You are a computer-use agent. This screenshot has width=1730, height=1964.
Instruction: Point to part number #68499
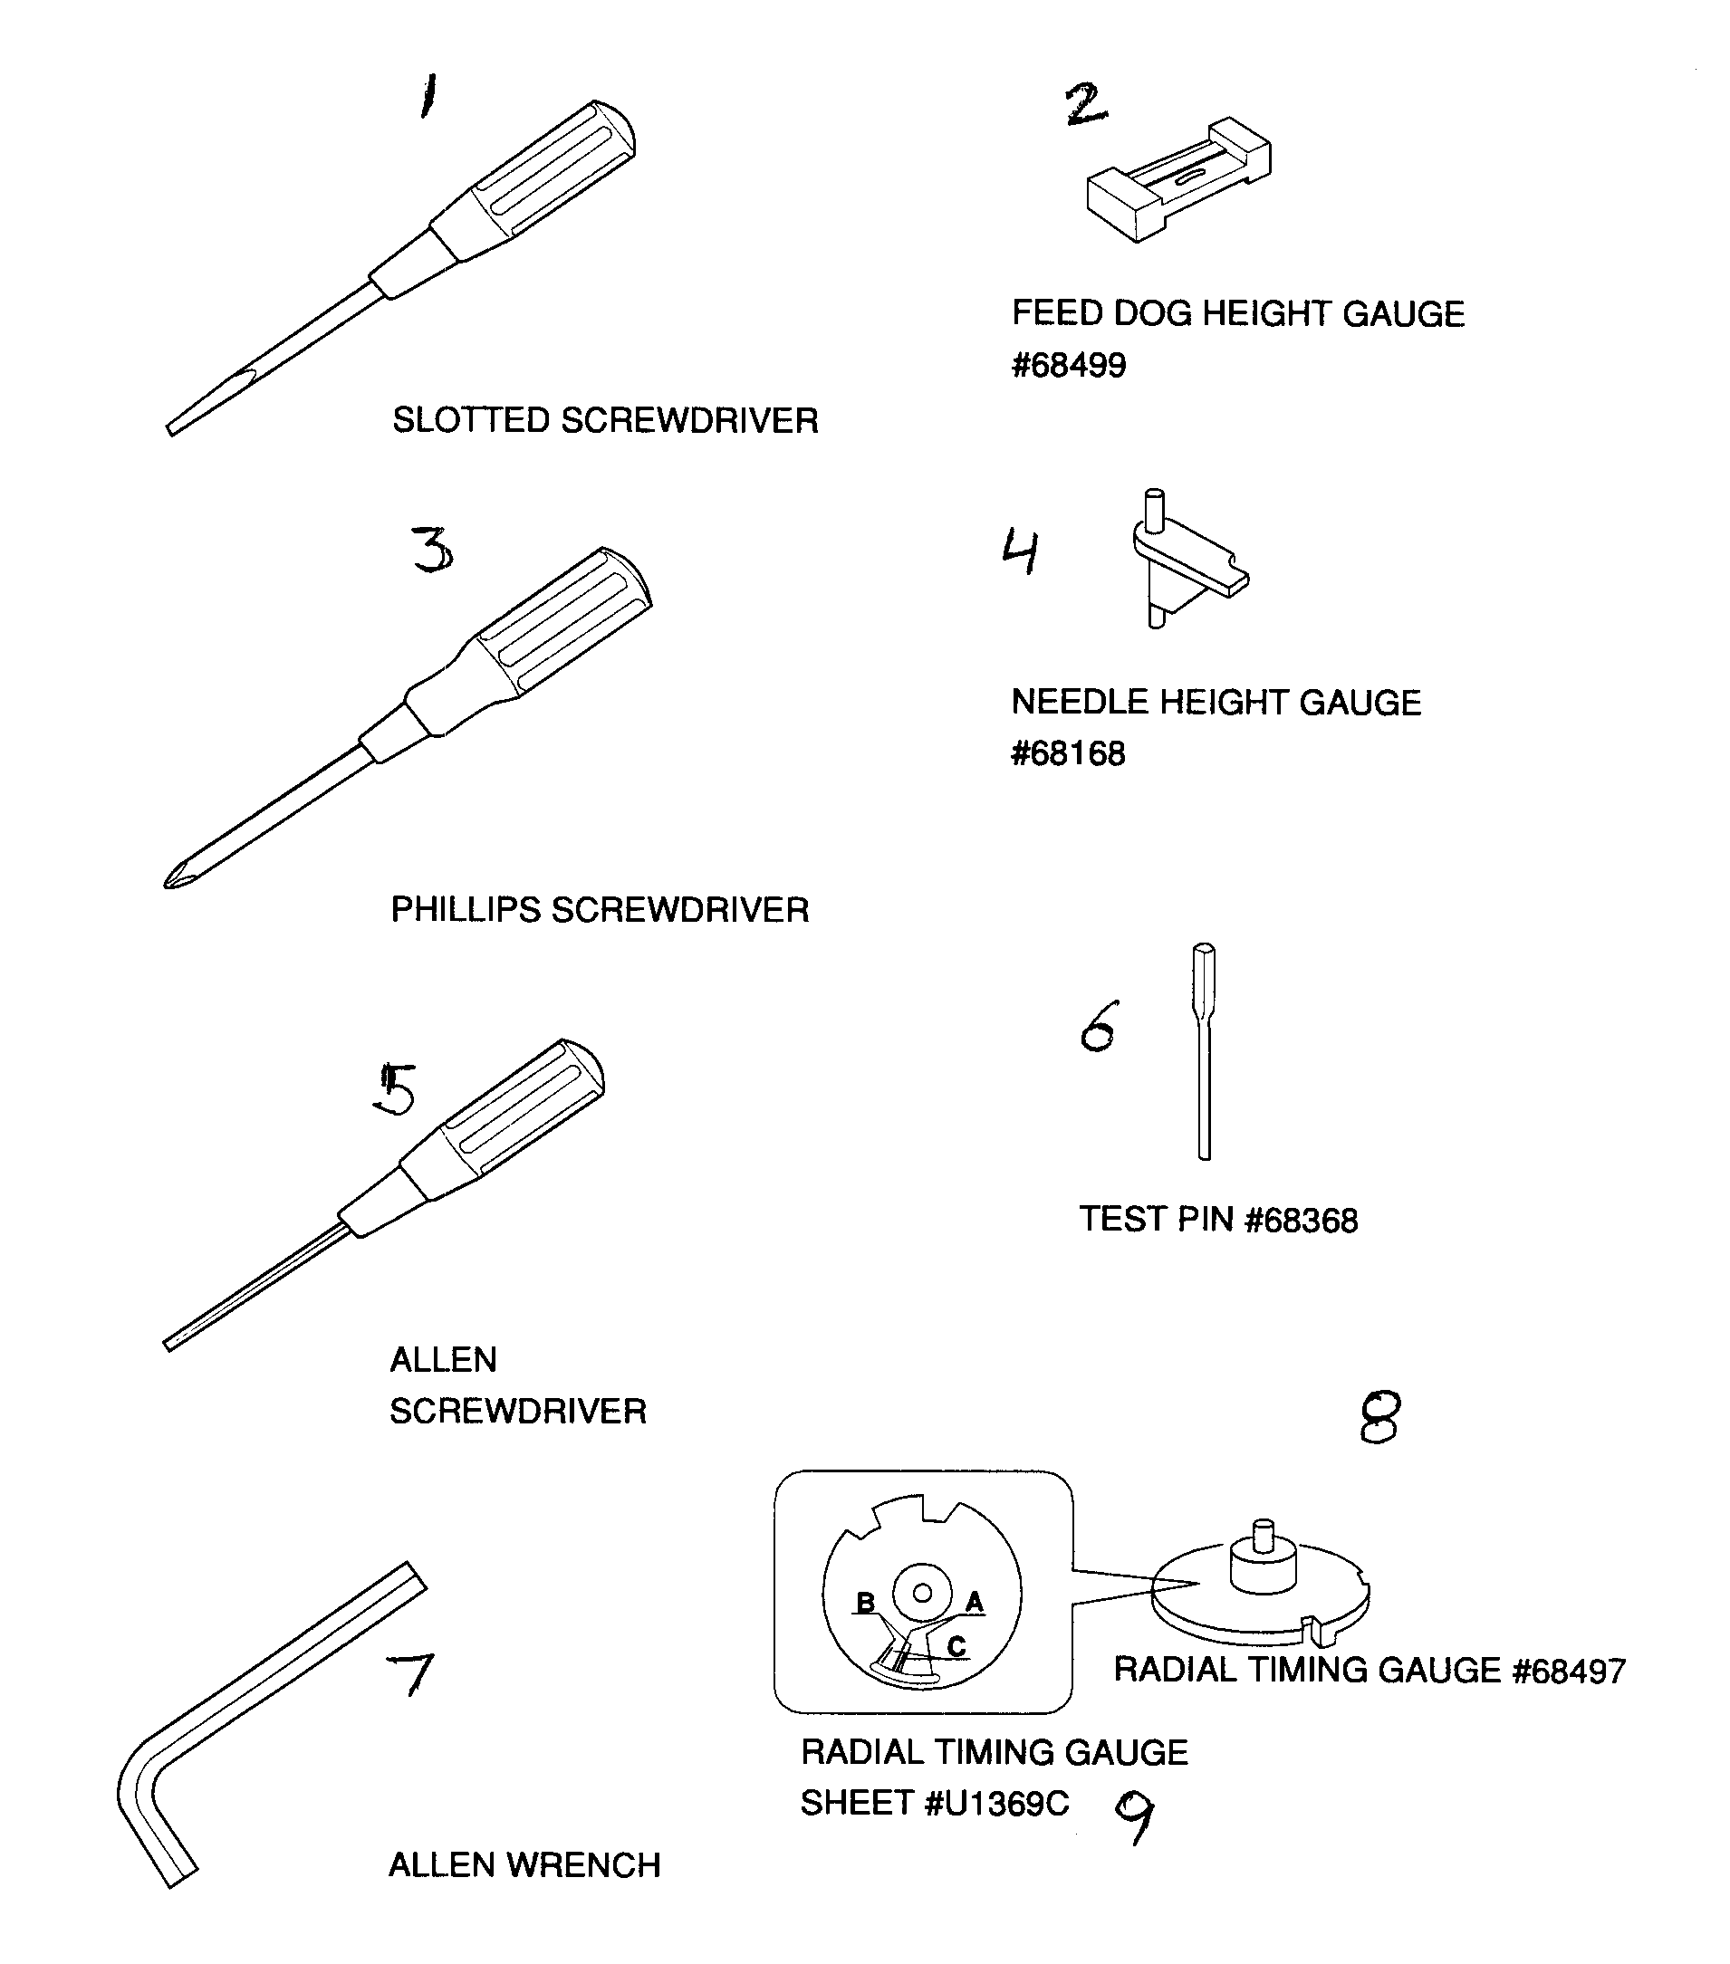click(1069, 366)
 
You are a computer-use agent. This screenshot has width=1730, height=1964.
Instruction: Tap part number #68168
click(1068, 754)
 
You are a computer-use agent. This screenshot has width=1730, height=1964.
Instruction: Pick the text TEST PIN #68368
click(1217, 1221)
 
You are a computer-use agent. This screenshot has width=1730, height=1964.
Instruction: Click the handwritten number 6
click(1099, 1026)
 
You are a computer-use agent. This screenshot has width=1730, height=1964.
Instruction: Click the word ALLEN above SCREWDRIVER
click(443, 1360)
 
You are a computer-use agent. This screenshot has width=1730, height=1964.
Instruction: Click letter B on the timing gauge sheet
click(865, 1603)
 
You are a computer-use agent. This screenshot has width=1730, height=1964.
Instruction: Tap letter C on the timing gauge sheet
click(956, 1646)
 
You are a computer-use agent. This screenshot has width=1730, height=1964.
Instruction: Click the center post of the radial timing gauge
click(1264, 1557)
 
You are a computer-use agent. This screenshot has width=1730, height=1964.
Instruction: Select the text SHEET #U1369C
click(934, 1804)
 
